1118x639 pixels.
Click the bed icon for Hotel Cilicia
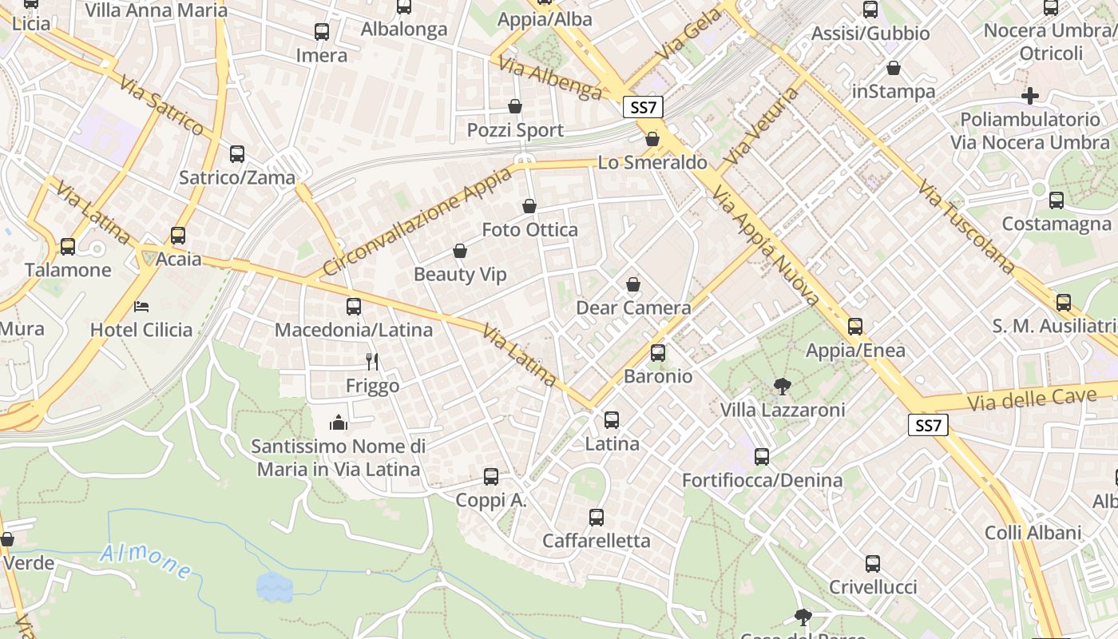click(x=141, y=306)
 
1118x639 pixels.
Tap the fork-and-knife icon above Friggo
click(x=371, y=362)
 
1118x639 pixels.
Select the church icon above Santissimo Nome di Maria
click(x=339, y=422)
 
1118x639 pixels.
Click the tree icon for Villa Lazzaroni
click(x=783, y=387)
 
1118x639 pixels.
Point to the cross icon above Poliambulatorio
click(x=1030, y=96)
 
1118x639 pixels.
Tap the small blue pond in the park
click(x=274, y=587)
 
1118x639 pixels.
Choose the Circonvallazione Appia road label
click(x=417, y=221)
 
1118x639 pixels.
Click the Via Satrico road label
click(x=162, y=105)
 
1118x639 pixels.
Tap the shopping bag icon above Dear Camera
click(x=633, y=284)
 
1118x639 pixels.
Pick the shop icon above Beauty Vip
click(x=460, y=252)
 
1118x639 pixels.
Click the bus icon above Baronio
click(x=658, y=352)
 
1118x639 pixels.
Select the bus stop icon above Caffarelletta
click(x=597, y=518)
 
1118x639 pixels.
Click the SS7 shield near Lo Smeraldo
click(x=643, y=107)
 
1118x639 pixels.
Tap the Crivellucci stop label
click(x=872, y=587)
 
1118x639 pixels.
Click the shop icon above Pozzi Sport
click(x=515, y=106)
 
